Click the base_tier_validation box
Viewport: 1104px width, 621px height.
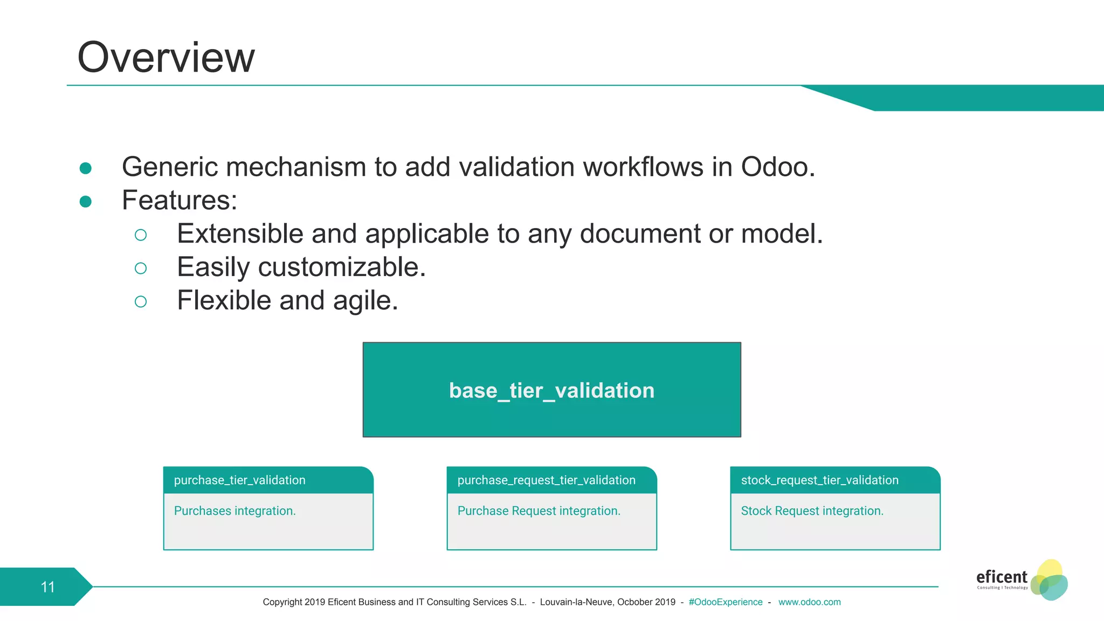551,390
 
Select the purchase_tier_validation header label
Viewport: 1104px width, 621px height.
239,480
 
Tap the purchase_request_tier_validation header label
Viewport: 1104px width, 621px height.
546,480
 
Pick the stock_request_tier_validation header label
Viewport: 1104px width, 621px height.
819,480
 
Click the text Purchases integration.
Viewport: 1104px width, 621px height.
234,510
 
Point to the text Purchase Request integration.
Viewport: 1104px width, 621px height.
539,510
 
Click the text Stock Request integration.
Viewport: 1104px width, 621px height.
812,510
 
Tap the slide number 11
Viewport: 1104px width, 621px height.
47,586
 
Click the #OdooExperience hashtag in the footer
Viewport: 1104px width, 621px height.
725,602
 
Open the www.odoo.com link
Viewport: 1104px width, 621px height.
809,602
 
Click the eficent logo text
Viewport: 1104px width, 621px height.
1001,577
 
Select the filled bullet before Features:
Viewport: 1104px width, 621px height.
85,202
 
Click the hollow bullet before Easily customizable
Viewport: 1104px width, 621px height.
141,268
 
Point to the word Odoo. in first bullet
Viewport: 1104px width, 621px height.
777,167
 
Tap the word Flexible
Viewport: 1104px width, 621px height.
224,300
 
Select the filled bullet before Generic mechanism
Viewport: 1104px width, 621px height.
85,168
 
